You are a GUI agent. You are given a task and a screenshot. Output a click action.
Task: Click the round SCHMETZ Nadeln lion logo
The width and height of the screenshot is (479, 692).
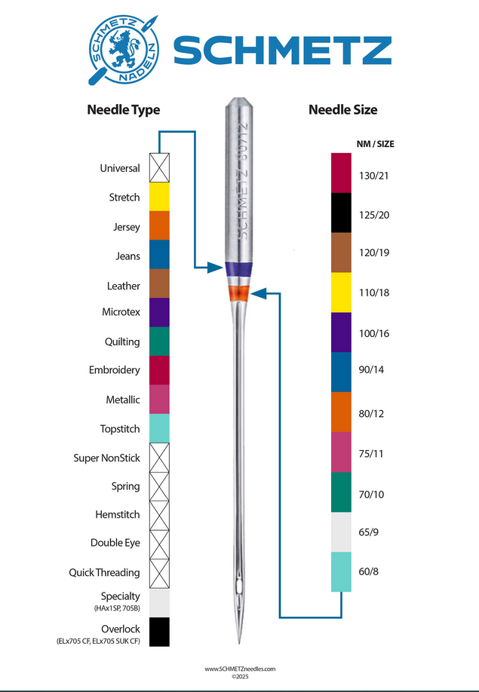point(123,50)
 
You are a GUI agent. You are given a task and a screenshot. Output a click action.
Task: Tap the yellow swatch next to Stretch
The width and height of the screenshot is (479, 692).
point(159,197)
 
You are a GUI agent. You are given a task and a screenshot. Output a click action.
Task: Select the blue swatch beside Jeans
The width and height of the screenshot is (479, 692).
point(159,254)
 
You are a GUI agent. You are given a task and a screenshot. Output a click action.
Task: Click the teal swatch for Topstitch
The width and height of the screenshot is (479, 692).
point(159,428)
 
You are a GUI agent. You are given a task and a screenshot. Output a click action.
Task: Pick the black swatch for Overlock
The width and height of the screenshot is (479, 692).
point(159,632)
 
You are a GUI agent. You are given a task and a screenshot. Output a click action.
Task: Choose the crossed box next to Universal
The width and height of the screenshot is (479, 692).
point(159,167)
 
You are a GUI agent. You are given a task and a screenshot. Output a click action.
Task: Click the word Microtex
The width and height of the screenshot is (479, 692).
point(121,312)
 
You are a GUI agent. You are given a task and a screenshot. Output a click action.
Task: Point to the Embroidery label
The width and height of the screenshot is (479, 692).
point(115,370)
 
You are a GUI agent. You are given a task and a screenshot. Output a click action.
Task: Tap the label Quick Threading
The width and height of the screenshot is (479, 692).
point(104,573)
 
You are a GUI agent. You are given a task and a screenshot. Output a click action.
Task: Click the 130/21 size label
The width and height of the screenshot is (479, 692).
point(374,176)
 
